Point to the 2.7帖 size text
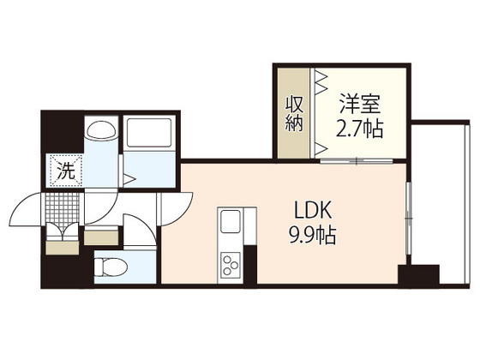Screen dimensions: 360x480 (x=359, y=131)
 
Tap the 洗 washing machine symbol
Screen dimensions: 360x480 (x=65, y=170)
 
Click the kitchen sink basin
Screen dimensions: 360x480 (x=231, y=223)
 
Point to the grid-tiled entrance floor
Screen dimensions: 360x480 (x=63, y=207)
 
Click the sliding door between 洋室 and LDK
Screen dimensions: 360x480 (x=355, y=161)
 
